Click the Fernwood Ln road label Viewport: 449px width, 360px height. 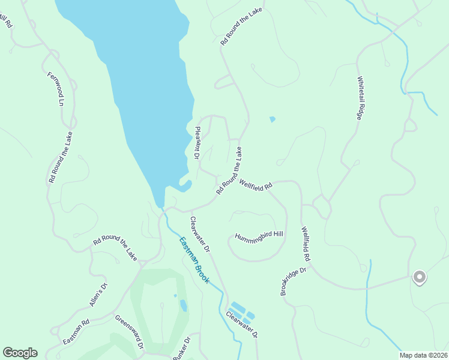click(x=55, y=89)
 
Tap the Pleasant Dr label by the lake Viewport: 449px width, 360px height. click(x=197, y=143)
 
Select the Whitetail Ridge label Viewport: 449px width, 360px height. click(x=360, y=98)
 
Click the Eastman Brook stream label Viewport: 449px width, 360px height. click(x=193, y=260)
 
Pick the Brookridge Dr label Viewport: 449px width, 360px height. click(x=294, y=281)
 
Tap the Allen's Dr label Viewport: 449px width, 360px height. click(x=98, y=295)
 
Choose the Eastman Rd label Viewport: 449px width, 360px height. click(x=76, y=332)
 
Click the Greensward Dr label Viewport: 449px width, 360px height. click(x=129, y=332)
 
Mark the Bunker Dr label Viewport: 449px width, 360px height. click(x=181, y=349)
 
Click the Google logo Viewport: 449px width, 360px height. click(x=20, y=353)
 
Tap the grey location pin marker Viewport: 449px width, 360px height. click(x=420, y=277)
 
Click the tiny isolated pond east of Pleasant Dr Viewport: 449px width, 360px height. click(x=273, y=119)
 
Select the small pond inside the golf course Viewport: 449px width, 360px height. click(x=183, y=305)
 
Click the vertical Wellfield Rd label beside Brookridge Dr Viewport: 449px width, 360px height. click(x=306, y=243)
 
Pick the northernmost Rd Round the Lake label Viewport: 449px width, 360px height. click(x=242, y=28)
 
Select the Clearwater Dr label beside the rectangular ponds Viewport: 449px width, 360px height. click(x=241, y=326)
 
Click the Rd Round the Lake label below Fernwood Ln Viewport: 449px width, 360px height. click(x=61, y=157)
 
